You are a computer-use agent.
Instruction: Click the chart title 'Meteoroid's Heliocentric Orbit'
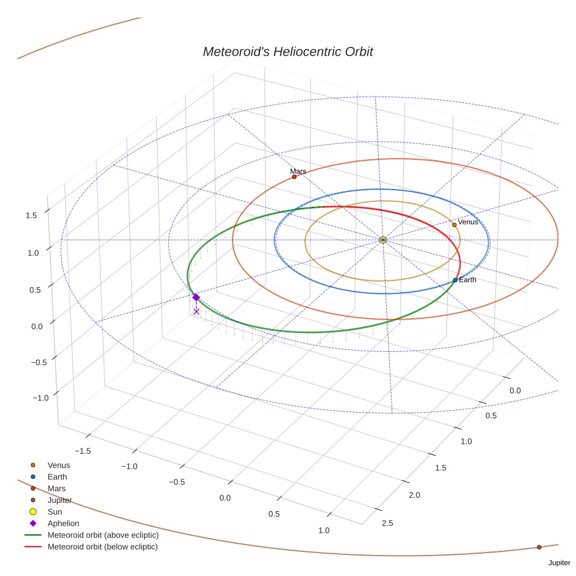pyautogui.click(x=287, y=52)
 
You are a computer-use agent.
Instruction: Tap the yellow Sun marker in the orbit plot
pyautogui.click(x=382, y=239)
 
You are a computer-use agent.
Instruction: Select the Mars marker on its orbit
pyautogui.click(x=294, y=177)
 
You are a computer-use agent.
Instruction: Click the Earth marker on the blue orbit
pyautogui.click(x=455, y=280)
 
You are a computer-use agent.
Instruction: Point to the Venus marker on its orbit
pyautogui.click(x=454, y=225)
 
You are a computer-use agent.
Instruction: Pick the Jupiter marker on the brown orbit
pyautogui.click(x=539, y=547)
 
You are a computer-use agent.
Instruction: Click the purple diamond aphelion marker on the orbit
pyautogui.click(x=196, y=297)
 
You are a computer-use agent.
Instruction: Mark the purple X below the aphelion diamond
pyautogui.click(x=196, y=311)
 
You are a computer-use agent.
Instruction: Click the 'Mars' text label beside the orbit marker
pyautogui.click(x=298, y=171)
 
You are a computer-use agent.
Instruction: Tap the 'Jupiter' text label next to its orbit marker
pyautogui.click(x=559, y=563)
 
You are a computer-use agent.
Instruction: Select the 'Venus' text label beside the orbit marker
pyautogui.click(x=468, y=222)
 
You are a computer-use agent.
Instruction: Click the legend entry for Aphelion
pyautogui.click(x=63, y=523)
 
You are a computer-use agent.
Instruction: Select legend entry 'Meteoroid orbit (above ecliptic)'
pyautogui.click(x=103, y=535)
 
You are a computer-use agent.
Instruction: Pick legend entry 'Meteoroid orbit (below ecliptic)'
pyautogui.click(x=103, y=547)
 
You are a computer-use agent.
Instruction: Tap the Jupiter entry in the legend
pyautogui.click(x=60, y=500)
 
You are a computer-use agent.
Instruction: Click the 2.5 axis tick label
pyautogui.click(x=388, y=522)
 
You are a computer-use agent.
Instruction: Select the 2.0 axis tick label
pyautogui.click(x=414, y=495)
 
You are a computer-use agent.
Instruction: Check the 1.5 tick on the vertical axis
pyautogui.click(x=31, y=215)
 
